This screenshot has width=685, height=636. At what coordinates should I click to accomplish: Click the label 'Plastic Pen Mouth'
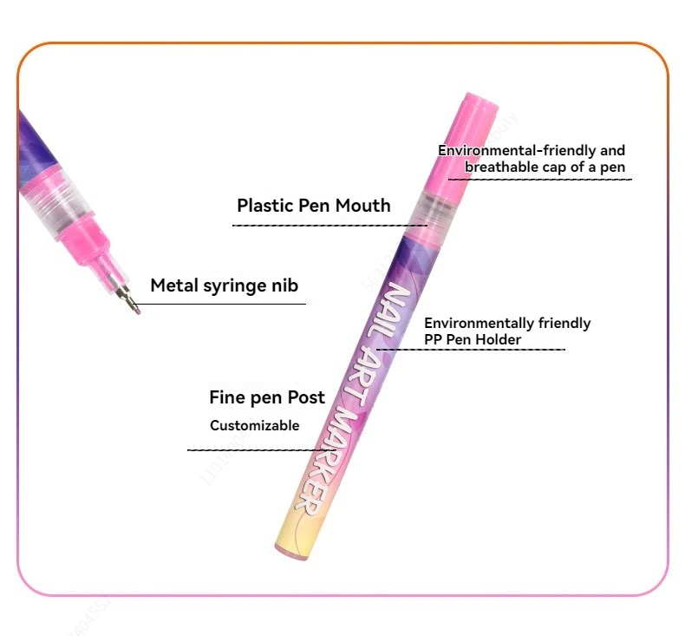click(x=313, y=206)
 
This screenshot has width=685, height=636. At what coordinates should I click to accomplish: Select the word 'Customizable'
click(x=254, y=426)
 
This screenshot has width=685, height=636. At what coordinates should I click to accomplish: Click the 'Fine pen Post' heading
click(x=266, y=397)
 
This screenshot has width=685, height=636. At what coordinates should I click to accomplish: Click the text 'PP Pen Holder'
click(x=473, y=339)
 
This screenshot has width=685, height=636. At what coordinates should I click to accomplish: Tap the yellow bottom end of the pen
click(x=291, y=538)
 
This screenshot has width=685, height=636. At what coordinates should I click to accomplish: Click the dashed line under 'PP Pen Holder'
click(x=473, y=350)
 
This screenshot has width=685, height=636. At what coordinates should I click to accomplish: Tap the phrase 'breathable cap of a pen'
click(x=544, y=167)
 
